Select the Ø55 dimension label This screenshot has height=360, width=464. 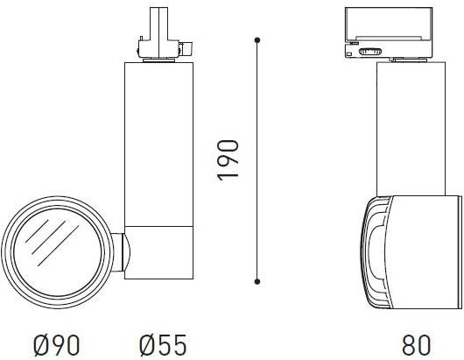tap(162, 344)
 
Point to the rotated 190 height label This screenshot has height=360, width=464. tap(228, 159)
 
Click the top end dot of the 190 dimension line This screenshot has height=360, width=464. tap(257, 40)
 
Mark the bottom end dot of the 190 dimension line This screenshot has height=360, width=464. tap(257, 281)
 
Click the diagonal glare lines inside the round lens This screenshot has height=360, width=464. tap(46, 243)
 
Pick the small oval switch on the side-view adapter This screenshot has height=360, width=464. tap(369, 53)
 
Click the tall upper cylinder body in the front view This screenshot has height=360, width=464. tap(158, 140)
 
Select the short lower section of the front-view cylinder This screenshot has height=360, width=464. tap(158, 251)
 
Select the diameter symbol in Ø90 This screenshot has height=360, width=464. tap(43, 344)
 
